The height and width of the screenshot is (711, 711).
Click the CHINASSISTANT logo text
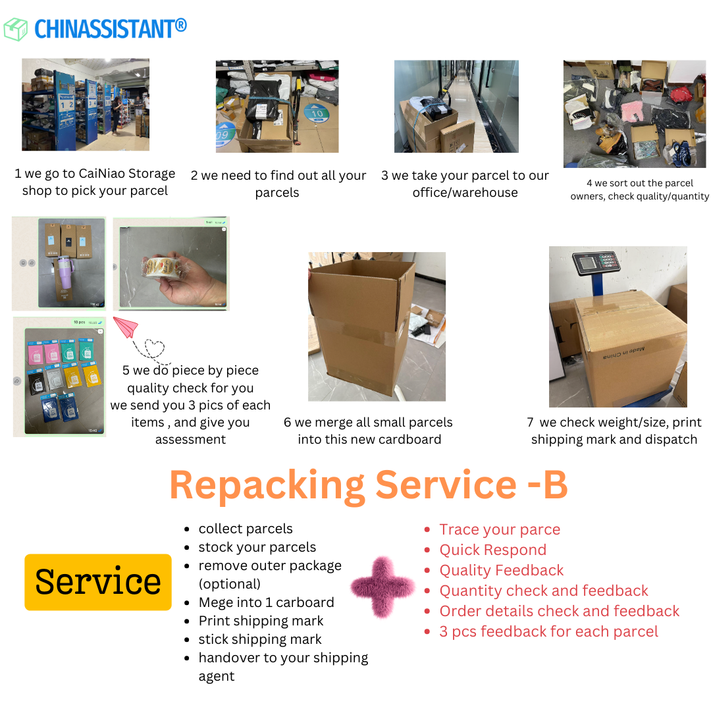pyautogui.click(x=111, y=28)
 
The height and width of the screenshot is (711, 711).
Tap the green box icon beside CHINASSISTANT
pyautogui.click(x=16, y=29)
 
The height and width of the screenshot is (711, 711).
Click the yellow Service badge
pyautogui.click(x=98, y=582)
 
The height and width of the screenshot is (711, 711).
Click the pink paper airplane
pyautogui.click(x=126, y=327)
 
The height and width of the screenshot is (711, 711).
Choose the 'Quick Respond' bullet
pyautogui.click(x=492, y=550)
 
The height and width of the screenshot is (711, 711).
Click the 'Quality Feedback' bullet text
pyautogui.click(x=502, y=570)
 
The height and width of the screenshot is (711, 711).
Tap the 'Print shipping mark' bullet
pyautogui.click(x=261, y=621)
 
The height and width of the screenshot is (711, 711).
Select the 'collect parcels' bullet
pyautogui.click(x=246, y=529)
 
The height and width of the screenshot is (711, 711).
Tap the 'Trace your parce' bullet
pyautogui.click(x=500, y=529)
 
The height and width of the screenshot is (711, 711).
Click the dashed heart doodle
pyautogui.click(x=155, y=349)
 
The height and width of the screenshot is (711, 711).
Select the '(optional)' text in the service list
pyautogui.click(x=230, y=584)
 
